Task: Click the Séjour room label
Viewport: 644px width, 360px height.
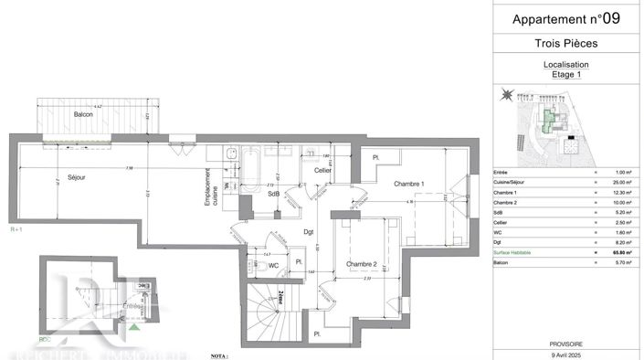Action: tap(76, 178)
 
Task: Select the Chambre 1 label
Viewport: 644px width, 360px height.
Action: tap(409, 185)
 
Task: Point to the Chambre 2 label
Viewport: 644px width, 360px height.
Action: tap(362, 265)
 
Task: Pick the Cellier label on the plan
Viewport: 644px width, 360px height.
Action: tap(322, 171)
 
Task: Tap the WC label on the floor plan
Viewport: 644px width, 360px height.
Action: tap(272, 266)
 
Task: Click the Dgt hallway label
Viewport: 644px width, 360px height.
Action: tap(310, 231)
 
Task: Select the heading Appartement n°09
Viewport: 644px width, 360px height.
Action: tap(566, 18)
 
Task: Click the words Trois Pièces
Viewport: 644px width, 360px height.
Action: tap(566, 44)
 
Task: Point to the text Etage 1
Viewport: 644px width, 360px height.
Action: tap(566, 76)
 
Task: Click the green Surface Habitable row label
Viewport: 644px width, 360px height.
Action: tap(516, 252)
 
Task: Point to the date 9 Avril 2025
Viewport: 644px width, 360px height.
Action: tap(566, 353)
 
